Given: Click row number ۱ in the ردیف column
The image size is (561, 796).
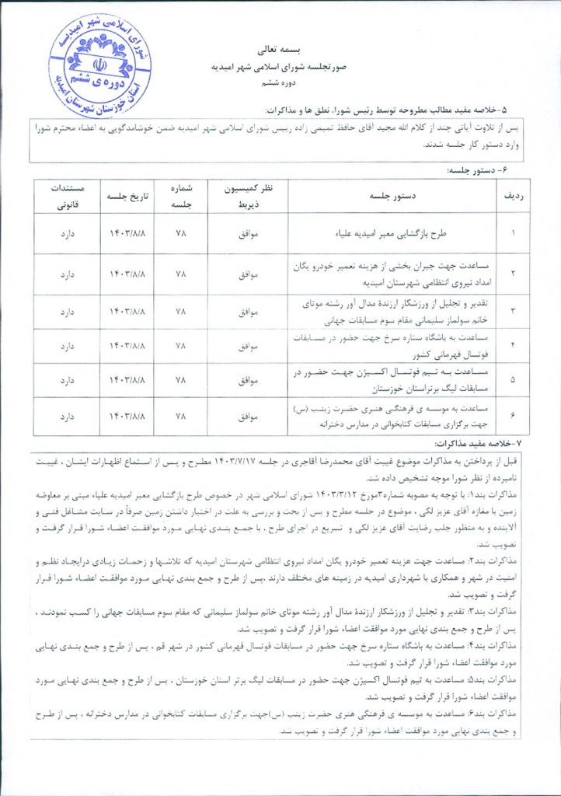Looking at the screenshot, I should [513, 232].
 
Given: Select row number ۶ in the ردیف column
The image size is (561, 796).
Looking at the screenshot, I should [513, 416].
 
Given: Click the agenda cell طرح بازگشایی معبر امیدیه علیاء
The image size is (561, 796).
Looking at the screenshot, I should [392, 232].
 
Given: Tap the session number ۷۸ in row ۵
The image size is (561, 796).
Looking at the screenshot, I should [180, 381].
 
